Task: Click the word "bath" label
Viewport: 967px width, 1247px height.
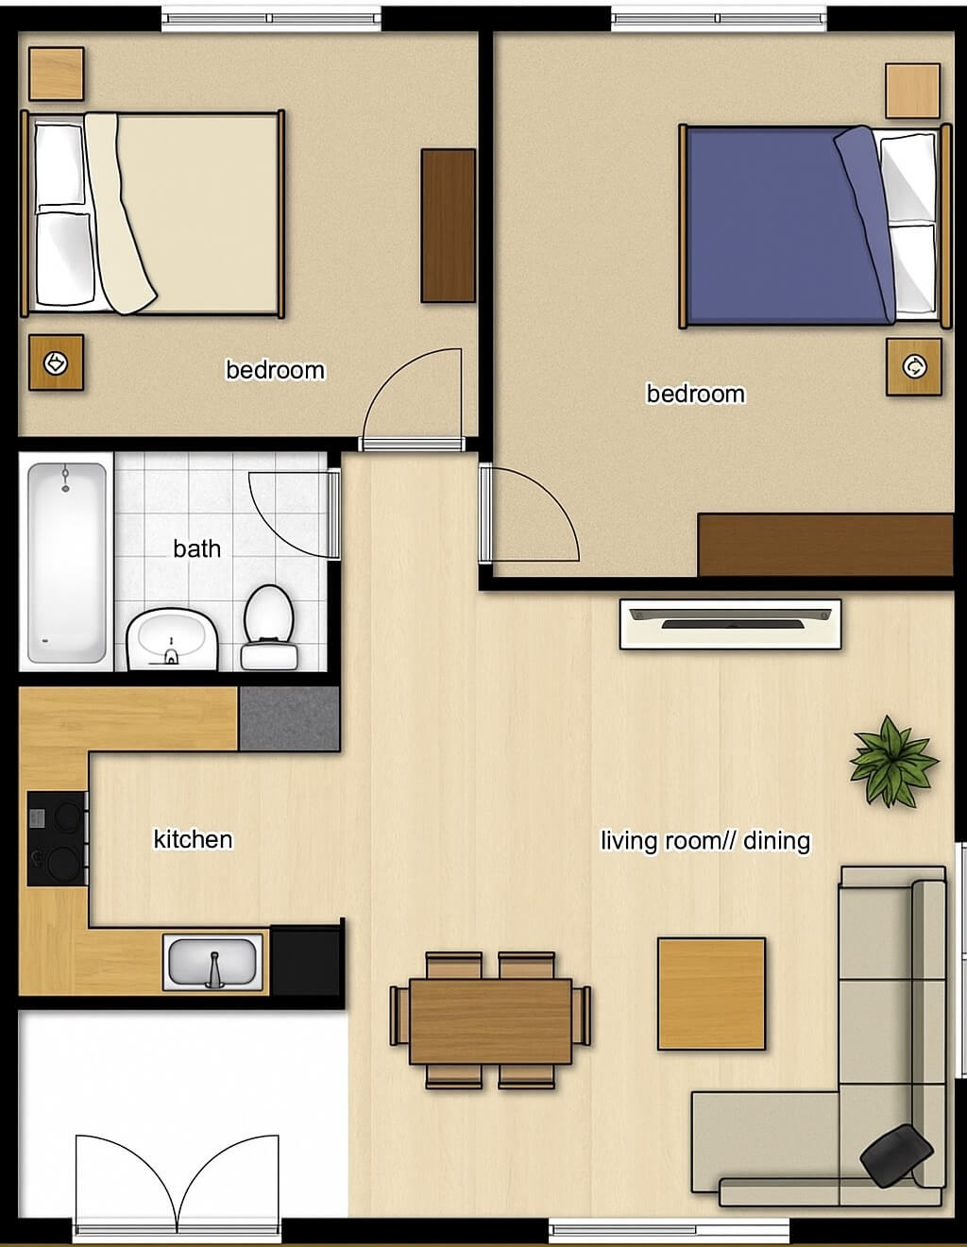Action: click(x=196, y=549)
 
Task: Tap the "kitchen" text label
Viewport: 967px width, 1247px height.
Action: click(x=193, y=839)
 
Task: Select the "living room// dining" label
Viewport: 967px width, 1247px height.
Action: click(x=705, y=841)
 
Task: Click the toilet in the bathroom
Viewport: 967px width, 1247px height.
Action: click(x=269, y=627)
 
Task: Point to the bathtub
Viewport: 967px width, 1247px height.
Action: click(x=66, y=563)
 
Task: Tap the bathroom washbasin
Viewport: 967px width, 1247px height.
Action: click(x=172, y=639)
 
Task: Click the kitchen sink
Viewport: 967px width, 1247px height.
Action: click(x=212, y=962)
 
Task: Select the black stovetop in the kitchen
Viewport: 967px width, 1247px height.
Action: click(x=58, y=838)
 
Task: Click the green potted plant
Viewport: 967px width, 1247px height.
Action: click(x=893, y=762)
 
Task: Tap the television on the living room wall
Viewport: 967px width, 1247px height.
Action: click(x=730, y=624)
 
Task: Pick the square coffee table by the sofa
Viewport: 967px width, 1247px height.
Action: click(x=711, y=994)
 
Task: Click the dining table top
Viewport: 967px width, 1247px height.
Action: click(x=491, y=1021)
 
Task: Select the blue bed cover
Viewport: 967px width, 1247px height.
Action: click(x=789, y=225)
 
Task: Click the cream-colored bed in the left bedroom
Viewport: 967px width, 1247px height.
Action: click(x=153, y=213)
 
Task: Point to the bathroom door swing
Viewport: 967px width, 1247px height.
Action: click(x=294, y=514)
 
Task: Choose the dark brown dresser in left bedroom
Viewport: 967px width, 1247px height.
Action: click(x=449, y=226)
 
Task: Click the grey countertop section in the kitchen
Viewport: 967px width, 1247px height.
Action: click(x=289, y=718)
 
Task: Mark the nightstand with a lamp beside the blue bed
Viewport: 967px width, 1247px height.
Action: click(x=913, y=366)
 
